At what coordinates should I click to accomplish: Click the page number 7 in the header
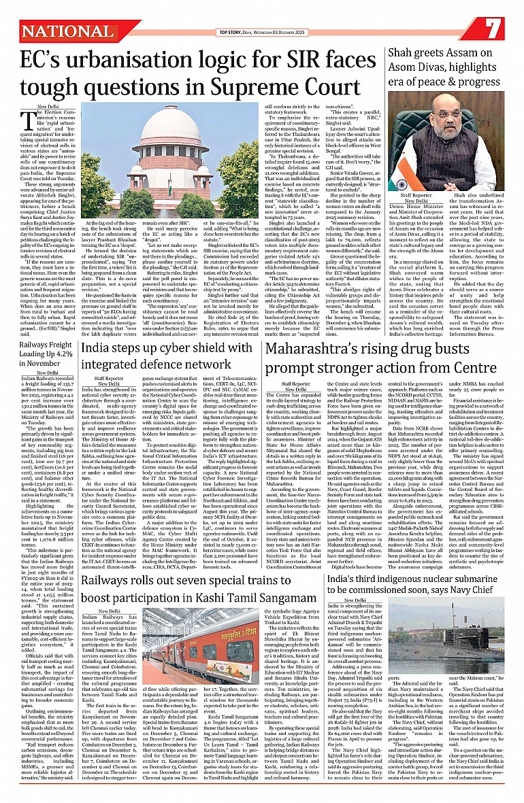point(493,29)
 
